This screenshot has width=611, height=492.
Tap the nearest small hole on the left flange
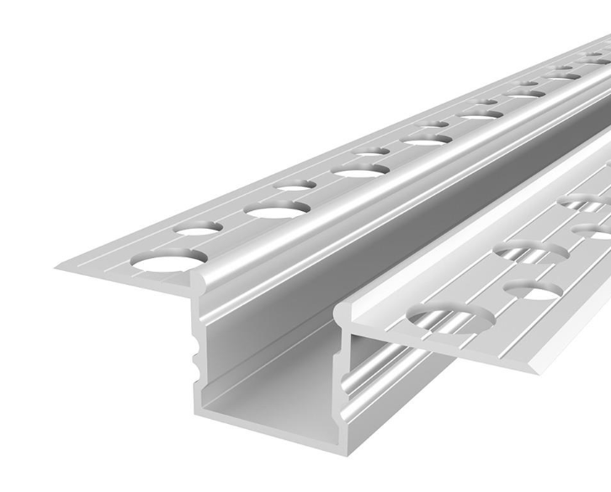199,227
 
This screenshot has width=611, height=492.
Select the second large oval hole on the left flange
278,209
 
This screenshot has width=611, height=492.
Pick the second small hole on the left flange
295,184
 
